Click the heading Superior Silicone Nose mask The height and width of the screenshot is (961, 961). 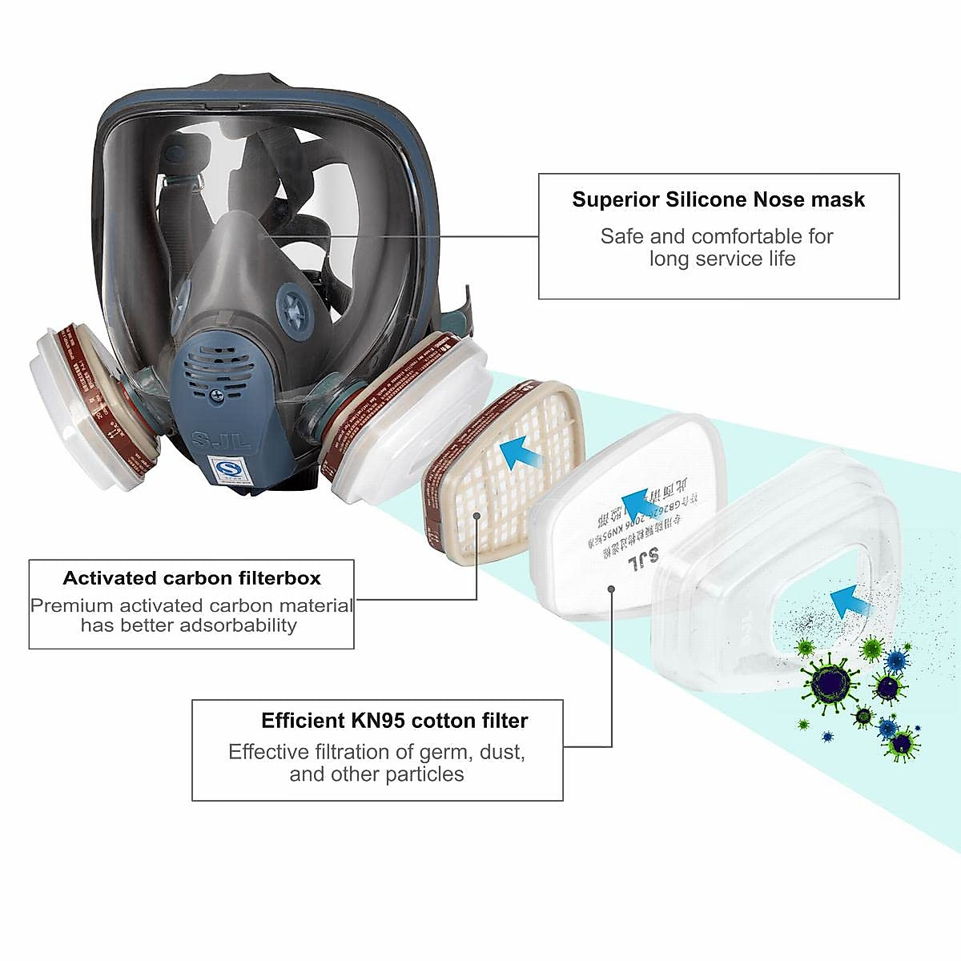pyautogui.click(x=718, y=199)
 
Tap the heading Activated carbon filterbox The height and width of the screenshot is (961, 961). pyautogui.click(x=191, y=578)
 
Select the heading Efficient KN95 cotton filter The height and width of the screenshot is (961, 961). pyautogui.click(x=394, y=721)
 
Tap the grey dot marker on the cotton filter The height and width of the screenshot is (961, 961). pyautogui.click(x=612, y=589)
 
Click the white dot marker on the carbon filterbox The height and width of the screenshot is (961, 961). pyautogui.click(x=476, y=517)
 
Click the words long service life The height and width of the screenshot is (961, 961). pyautogui.click(x=722, y=259)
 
